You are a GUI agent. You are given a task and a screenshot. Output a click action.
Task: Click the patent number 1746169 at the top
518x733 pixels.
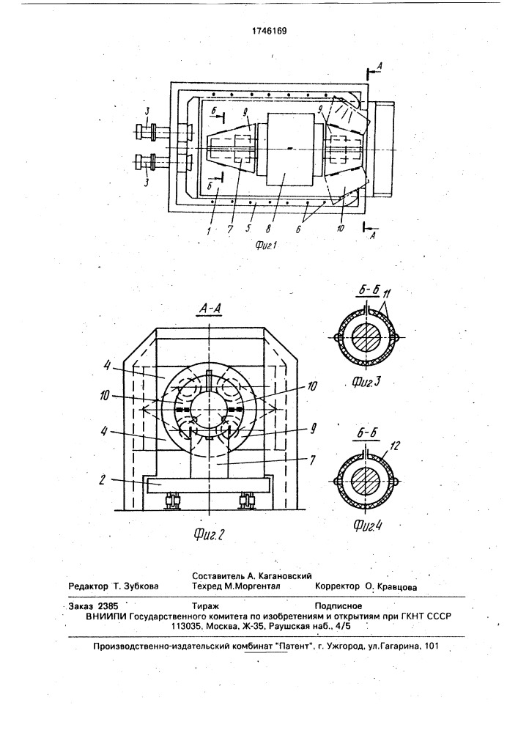coord(269,32)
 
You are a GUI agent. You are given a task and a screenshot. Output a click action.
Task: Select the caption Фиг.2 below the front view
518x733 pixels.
coord(209,534)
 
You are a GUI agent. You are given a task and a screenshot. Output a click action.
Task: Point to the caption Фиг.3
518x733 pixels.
coord(366,383)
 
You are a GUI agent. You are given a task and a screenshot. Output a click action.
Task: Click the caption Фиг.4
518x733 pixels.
coord(368,526)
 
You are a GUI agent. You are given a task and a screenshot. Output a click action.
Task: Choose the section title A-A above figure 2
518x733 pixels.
coord(209,309)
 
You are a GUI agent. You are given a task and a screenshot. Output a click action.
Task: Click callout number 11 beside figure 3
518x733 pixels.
coord(386,295)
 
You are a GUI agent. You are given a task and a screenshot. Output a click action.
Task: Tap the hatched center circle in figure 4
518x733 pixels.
coord(366,481)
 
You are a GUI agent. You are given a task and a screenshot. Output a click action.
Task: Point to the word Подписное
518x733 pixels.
coord(338,606)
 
